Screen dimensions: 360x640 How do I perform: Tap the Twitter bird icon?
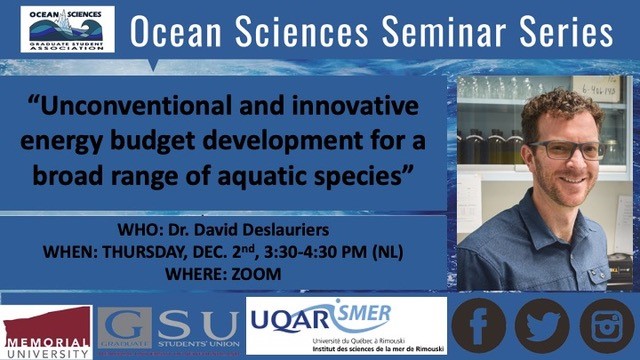542,326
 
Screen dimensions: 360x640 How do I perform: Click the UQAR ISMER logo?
345,326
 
